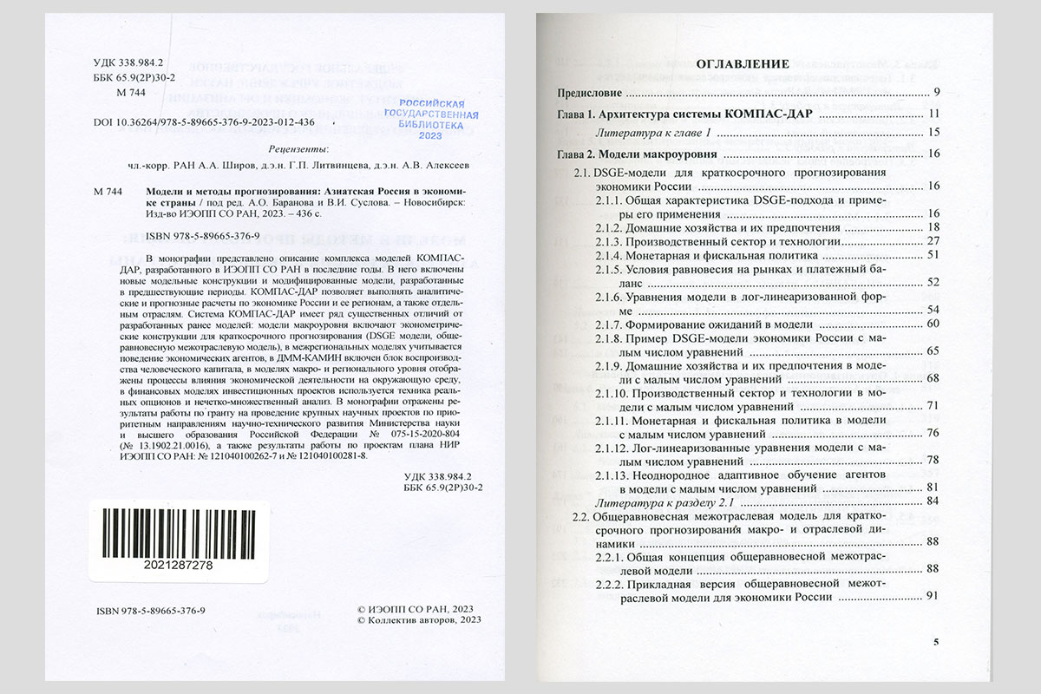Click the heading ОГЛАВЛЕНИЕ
(x=743, y=63)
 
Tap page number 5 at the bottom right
(x=936, y=642)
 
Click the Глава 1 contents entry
(x=684, y=115)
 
